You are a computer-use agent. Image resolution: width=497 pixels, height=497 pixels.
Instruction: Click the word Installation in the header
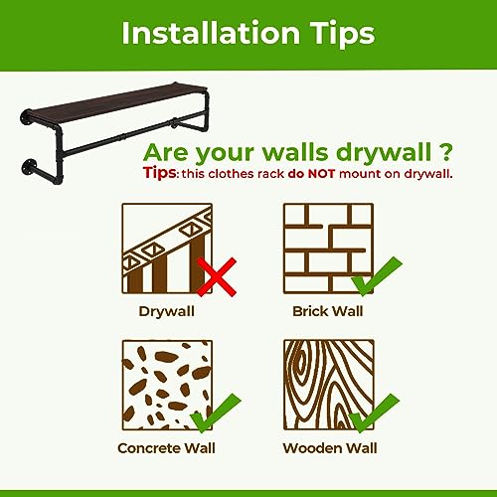(x=211, y=33)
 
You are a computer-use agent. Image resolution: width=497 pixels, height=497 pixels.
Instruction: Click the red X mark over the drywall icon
(x=217, y=276)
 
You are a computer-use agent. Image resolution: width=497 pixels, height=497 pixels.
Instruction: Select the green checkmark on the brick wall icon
(x=377, y=275)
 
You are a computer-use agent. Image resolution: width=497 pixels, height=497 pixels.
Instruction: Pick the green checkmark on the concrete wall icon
(x=216, y=414)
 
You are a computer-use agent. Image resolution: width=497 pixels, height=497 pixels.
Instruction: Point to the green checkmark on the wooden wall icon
(x=375, y=414)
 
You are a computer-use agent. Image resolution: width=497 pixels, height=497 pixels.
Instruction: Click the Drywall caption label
(x=167, y=312)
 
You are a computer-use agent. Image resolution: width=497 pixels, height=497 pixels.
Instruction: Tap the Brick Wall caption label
(x=328, y=311)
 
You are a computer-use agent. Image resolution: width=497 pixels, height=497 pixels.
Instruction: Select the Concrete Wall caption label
(x=166, y=448)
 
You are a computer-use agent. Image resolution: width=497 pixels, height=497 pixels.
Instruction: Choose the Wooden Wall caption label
(x=330, y=448)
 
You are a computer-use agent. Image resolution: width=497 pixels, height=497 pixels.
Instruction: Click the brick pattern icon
(x=328, y=248)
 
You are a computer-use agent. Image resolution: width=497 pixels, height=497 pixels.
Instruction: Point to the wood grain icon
(x=329, y=385)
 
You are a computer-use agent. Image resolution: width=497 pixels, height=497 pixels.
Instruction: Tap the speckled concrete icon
(x=167, y=385)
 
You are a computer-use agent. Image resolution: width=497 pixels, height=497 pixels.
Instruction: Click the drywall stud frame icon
(x=167, y=248)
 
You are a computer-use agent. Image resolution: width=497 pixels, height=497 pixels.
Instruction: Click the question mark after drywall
(x=446, y=152)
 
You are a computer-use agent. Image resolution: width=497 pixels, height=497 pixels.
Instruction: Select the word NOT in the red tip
(x=321, y=174)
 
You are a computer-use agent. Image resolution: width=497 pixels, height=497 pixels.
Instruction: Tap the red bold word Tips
(x=160, y=173)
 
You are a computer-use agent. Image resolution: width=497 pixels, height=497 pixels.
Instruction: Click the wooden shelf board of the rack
(x=116, y=101)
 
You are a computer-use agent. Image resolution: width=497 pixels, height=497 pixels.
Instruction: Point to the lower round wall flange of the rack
(x=29, y=167)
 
